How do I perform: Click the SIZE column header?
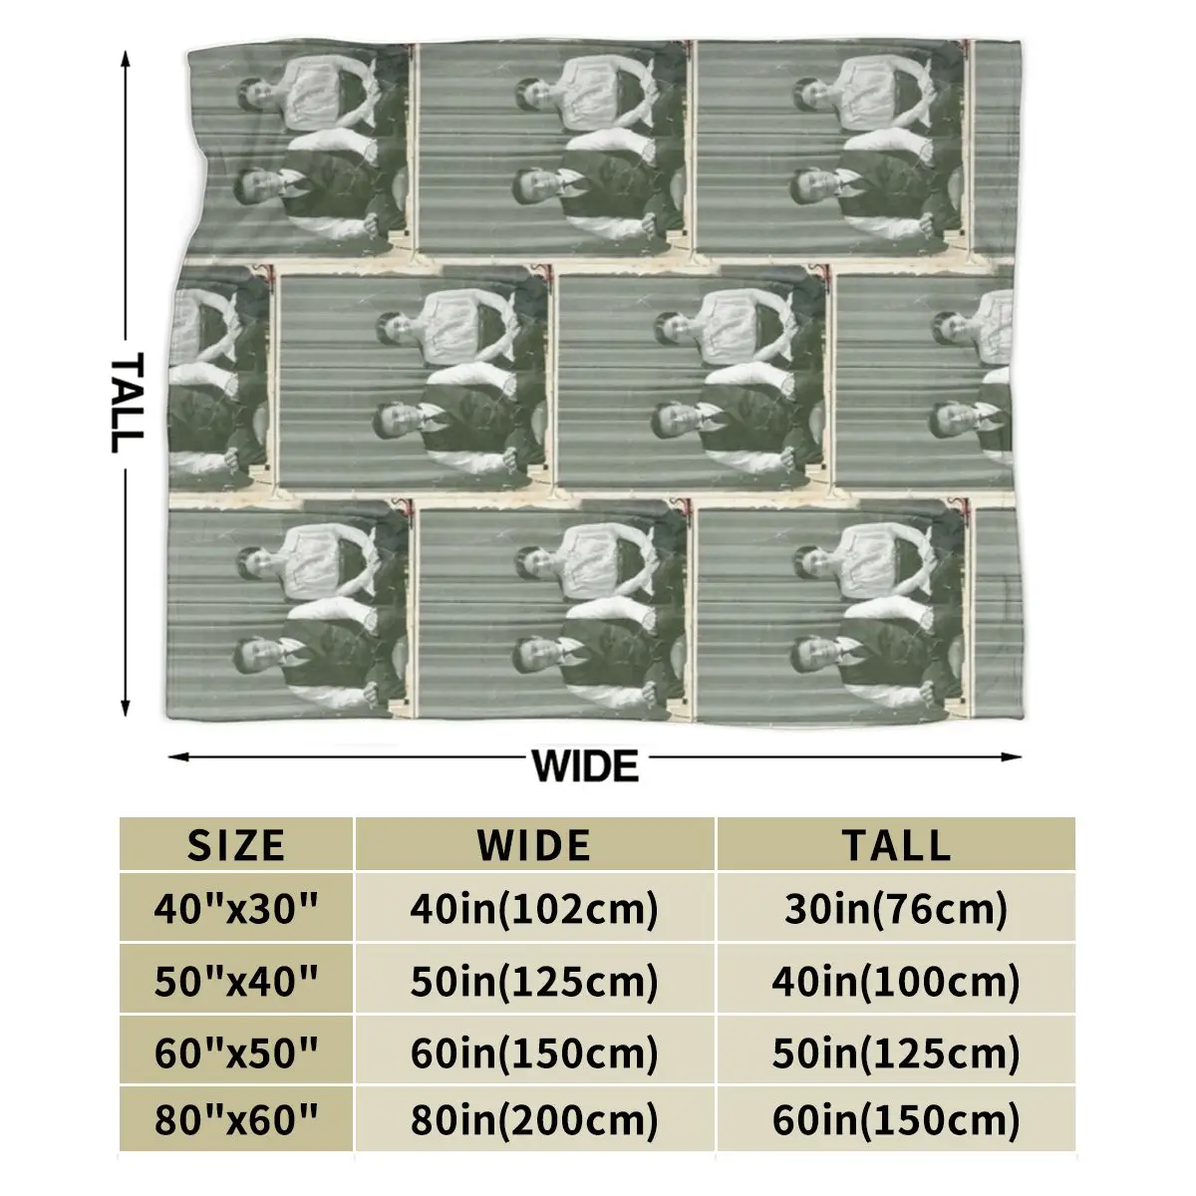click(236, 844)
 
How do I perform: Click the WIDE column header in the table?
click(534, 844)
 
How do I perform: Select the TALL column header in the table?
click(896, 844)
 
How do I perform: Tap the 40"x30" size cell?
click(236, 909)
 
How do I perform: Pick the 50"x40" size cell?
click(236, 982)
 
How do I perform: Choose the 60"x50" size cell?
click(236, 1052)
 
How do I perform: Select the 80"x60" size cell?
click(236, 1121)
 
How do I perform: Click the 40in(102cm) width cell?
click(534, 909)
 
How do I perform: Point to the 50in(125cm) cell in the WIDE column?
click(534, 982)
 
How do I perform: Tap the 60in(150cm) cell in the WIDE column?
click(534, 1052)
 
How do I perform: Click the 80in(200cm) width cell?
click(534, 1121)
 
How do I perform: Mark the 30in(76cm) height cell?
click(896, 909)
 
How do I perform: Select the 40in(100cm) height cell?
click(896, 982)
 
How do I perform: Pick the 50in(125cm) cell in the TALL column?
click(896, 1052)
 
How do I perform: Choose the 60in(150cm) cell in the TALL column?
click(896, 1121)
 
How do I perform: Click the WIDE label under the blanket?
click(585, 766)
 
